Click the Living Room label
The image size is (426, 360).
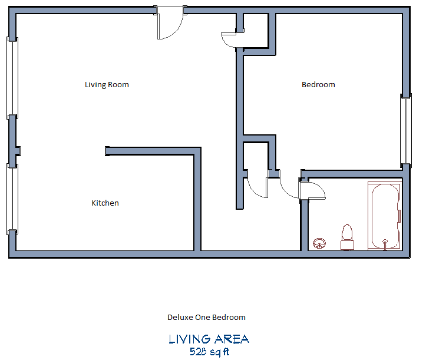coord(107,85)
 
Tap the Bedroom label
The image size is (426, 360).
coord(318,85)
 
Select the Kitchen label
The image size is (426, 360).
coord(105,203)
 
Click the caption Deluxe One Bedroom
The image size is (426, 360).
coord(206,318)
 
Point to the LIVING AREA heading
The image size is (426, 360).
coord(209,339)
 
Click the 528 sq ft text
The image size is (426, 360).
coord(209,352)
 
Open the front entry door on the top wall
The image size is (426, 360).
coord(171,25)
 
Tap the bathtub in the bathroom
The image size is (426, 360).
coord(385,216)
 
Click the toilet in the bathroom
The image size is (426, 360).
coord(346,236)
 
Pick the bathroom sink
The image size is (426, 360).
coord(320,242)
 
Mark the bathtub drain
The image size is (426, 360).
coord(385,242)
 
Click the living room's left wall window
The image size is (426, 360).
coord(12,77)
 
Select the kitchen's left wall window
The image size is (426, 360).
coord(12,197)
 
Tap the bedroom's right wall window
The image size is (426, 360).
coord(405,129)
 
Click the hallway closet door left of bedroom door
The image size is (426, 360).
coord(257,185)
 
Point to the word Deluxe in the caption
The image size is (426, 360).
coord(179,318)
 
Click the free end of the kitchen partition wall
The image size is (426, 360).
coord(107,151)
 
